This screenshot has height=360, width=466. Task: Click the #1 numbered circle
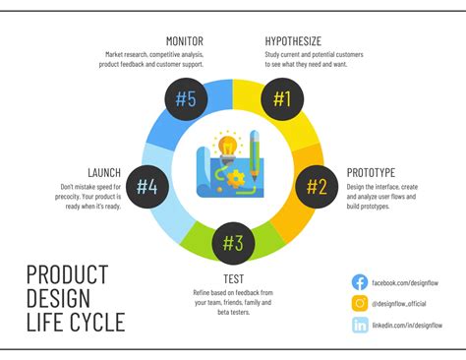click(x=282, y=97)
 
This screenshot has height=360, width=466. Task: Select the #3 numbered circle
click(x=233, y=241)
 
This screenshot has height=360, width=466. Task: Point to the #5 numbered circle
click(x=186, y=97)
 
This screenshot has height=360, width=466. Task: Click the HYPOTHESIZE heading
click(x=292, y=40)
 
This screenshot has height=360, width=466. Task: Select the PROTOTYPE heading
click(x=371, y=172)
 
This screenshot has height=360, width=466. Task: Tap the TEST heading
click(x=232, y=278)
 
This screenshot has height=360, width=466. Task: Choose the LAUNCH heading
click(x=104, y=172)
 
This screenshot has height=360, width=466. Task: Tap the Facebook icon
click(x=360, y=282)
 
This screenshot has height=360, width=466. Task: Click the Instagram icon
click(x=360, y=304)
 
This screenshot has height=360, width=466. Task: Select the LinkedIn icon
click(x=360, y=326)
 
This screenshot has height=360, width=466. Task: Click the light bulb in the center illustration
click(x=228, y=148)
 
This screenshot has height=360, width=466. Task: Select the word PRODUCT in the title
click(x=67, y=274)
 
